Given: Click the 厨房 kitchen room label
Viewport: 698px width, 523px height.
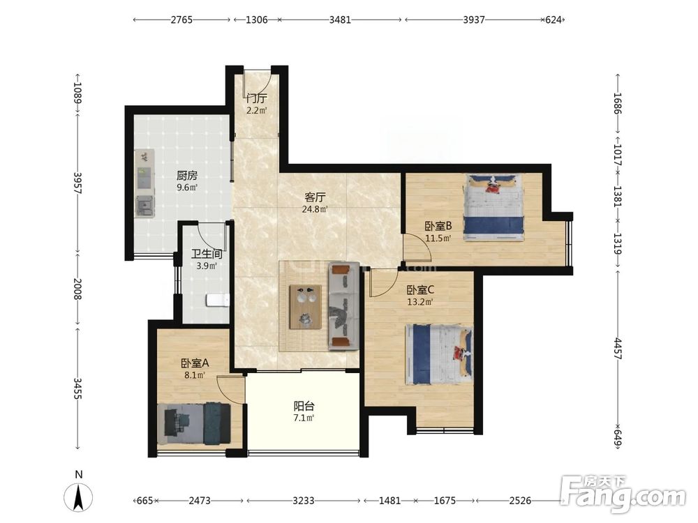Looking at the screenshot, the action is pyautogui.click(x=187, y=176).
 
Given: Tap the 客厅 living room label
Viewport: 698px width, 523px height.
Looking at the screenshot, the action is pyautogui.click(x=315, y=197).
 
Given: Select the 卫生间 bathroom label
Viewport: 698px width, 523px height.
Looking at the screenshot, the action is pyautogui.click(x=207, y=255).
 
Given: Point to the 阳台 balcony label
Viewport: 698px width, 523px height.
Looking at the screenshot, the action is pyautogui.click(x=304, y=406).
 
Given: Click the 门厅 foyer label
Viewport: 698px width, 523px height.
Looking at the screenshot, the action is pyautogui.click(x=258, y=98).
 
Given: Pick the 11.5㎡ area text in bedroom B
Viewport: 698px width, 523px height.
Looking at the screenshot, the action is pyautogui.click(x=438, y=238).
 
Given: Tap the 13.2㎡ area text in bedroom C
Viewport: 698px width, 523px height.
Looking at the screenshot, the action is pyautogui.click(x=420, y=303).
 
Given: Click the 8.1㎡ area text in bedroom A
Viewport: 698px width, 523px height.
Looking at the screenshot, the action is pyautogui.click(x=195, y=375).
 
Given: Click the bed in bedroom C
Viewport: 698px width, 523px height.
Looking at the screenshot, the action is pyautogui.click(x=438, y=354).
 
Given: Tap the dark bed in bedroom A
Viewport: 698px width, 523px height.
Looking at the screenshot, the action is pyautogui.click(x=194, y=423).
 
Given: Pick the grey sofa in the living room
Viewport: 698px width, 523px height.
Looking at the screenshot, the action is pyautogui.click(x=343, y=306).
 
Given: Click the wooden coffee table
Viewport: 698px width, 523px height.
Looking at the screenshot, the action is pyautogui.click(x=306, y=307).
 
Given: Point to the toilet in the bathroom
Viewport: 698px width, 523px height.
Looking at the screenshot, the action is pyautogui.click(x=218, y=301).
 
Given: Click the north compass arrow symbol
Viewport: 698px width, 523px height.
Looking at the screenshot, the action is pyautogui.click(x=78, y=497).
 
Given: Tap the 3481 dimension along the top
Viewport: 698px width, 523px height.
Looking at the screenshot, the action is pyautogui.click(x=340, y=20).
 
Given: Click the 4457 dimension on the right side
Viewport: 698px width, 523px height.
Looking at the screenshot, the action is pyautogui.click(x=618, y=349).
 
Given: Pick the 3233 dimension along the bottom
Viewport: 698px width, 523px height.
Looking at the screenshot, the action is pyautogui.click(x=303, y=501).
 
